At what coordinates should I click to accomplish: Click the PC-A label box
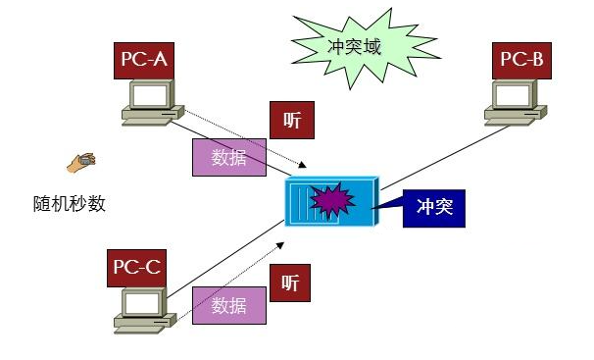point(143,62)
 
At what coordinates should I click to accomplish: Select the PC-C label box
point(136,265)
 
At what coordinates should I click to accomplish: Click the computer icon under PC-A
point(150,102)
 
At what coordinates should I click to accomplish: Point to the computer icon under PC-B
point(515,101)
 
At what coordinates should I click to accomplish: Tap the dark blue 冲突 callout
point(434,208)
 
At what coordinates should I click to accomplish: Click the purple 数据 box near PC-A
point(228,157)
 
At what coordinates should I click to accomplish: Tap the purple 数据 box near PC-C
point(228,305)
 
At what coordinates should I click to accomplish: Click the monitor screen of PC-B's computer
point(515,94)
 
